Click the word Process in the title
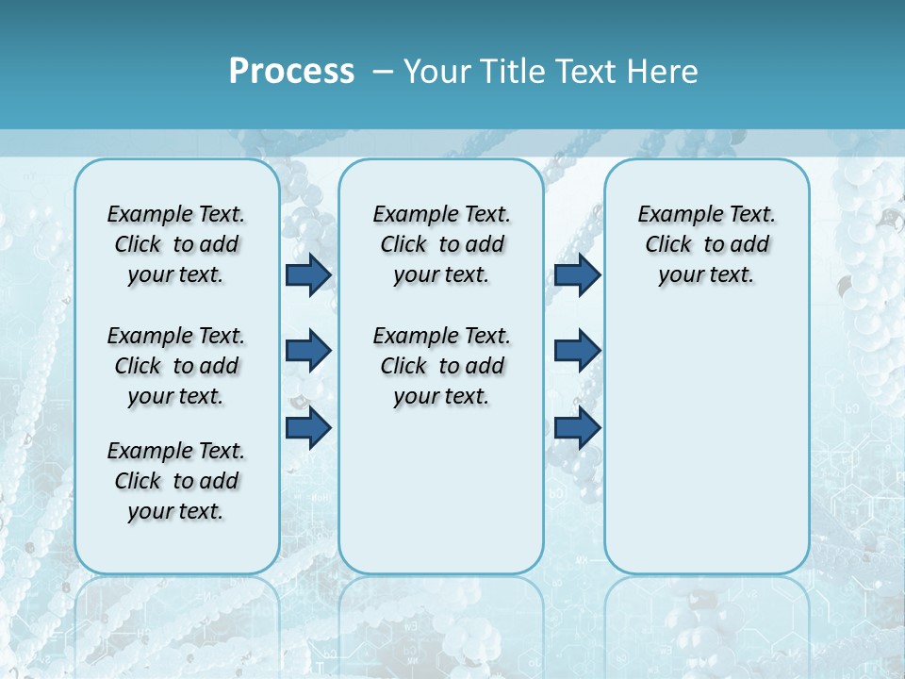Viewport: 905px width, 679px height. coord(291,72)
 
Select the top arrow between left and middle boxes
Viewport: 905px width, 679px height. coord(308,274)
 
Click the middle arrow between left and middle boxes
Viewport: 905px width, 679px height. coord(308,351)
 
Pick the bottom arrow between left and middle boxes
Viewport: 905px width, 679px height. coord(308,428)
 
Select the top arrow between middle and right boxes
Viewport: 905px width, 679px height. coord(577,274)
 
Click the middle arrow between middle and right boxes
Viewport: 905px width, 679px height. coord(577,351)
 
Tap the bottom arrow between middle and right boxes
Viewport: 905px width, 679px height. coord(577,428)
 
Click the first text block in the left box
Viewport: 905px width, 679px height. coord(176,244)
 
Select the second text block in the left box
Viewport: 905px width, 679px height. coord(176,366)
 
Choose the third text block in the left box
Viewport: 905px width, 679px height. coord(176,481)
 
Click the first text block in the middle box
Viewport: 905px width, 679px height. coord(441,244)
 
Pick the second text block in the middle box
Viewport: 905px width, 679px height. coord(441,366)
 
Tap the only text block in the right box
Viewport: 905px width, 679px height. coord(706,244)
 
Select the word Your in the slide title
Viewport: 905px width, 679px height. coord(436,72)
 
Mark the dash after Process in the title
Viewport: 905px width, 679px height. coord(383,73)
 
